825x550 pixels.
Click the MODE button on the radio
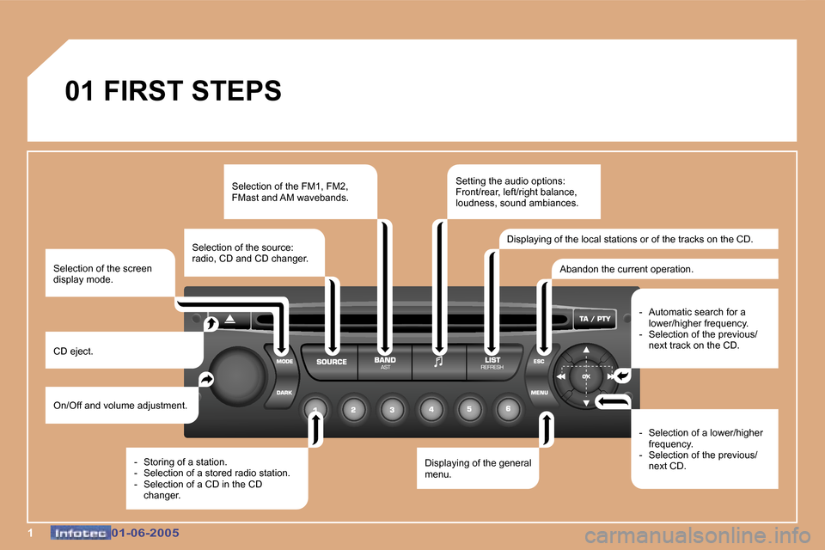point(284,362)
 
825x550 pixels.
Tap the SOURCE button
point(332,362)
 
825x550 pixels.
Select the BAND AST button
point(385,362)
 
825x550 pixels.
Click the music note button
point(438,362)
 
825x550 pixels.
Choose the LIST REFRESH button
point(492,362)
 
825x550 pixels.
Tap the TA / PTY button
point(595,319)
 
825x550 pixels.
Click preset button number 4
point(431,410)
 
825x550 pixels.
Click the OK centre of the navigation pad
point(586,376)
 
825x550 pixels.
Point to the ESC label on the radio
point(539,361)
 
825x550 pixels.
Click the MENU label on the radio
point(540,393)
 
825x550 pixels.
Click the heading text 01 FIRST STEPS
point(173,90)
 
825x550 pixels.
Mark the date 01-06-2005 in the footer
point(145,533)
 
